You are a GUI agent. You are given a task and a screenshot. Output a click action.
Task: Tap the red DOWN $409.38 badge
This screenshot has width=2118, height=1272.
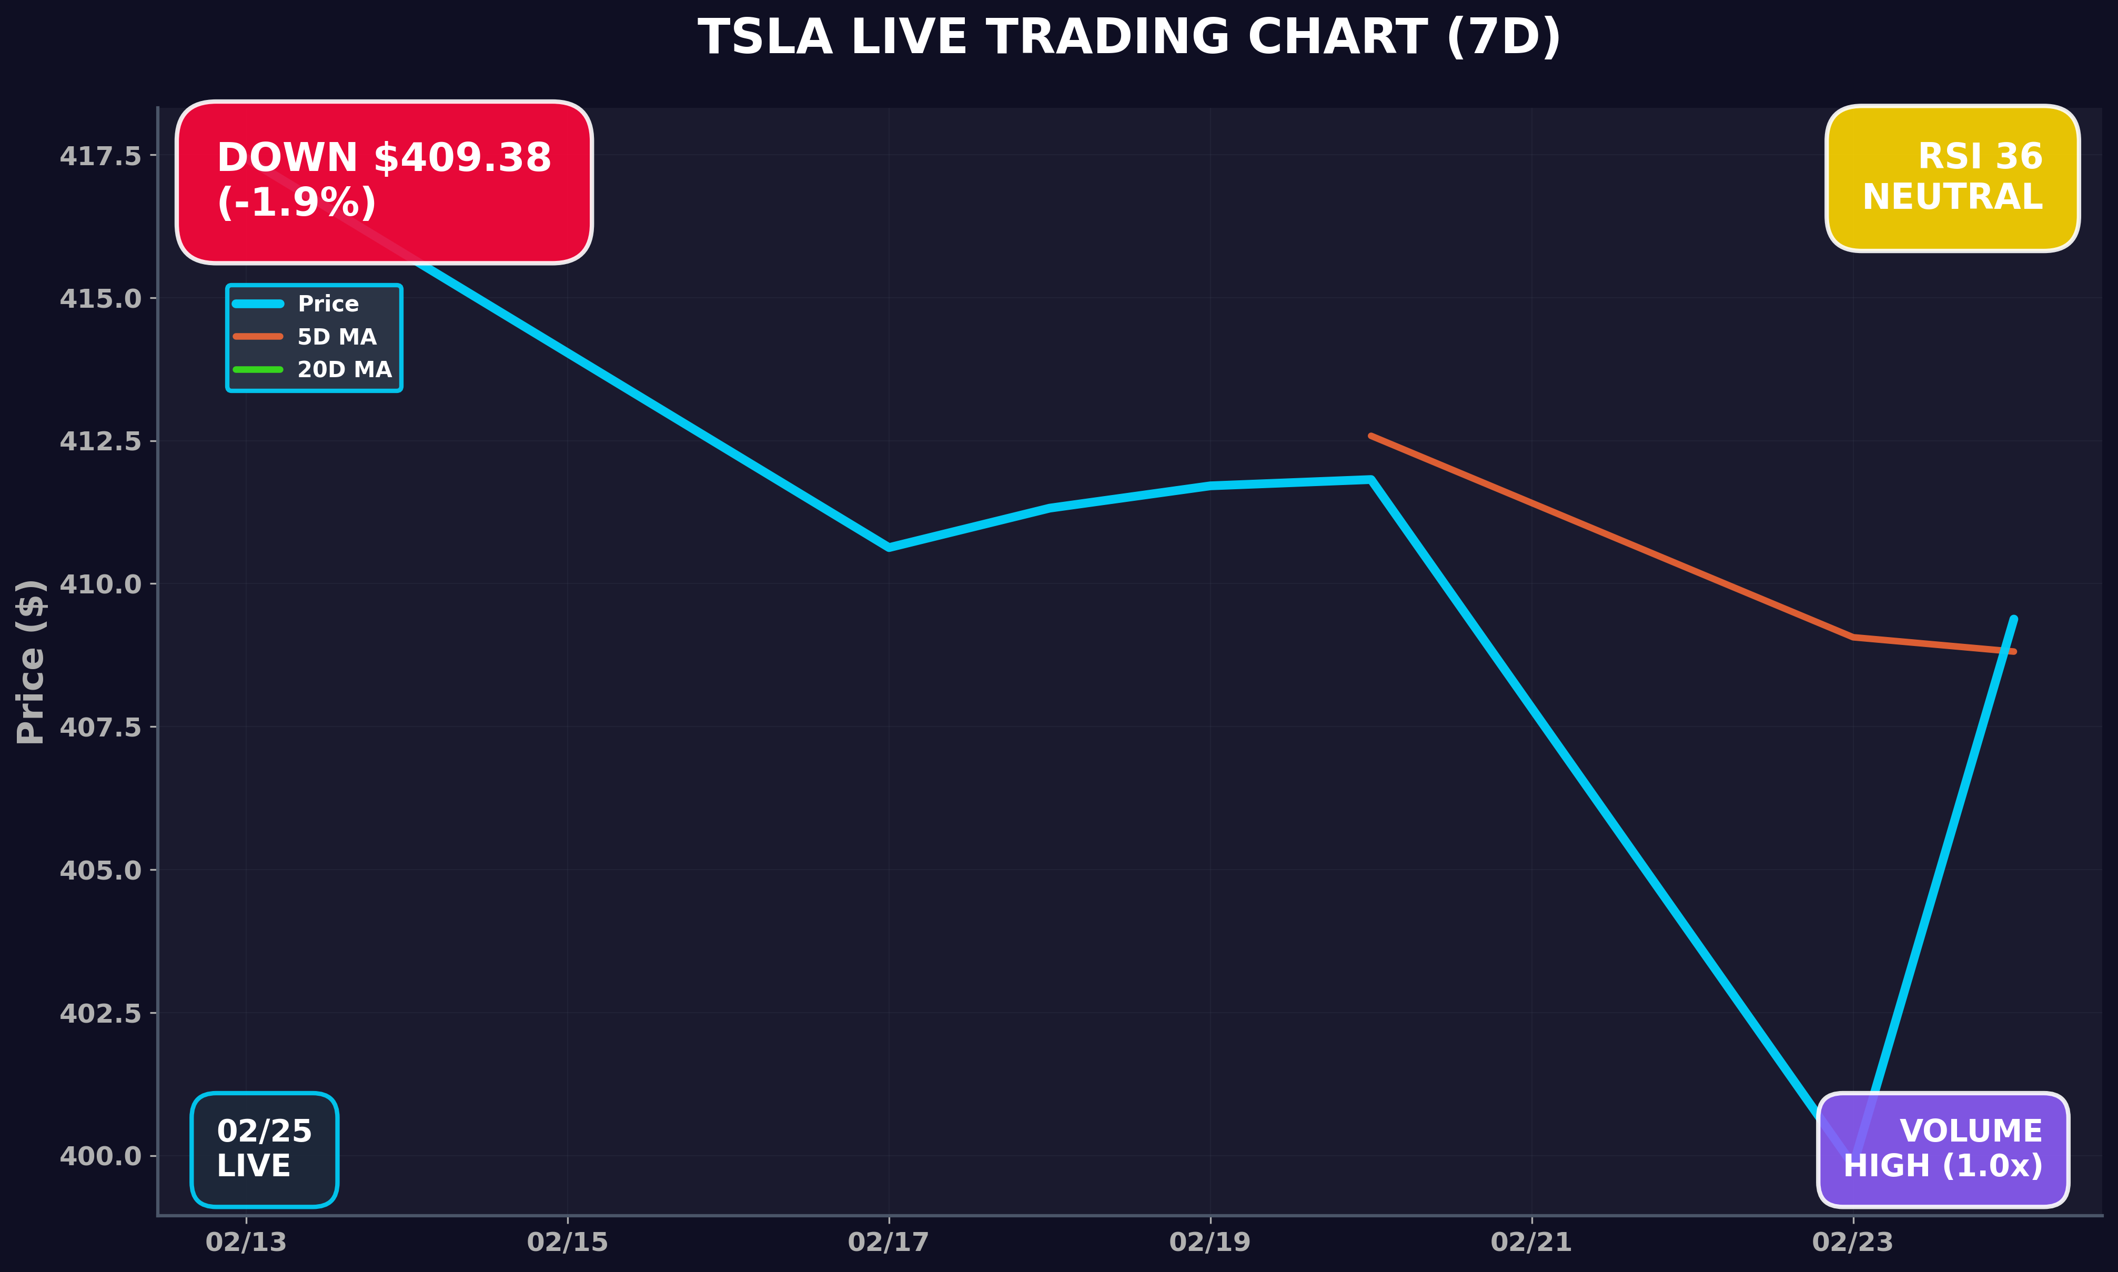pos(384,181)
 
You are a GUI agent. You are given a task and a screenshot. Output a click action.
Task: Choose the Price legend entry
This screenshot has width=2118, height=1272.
pos(327,304)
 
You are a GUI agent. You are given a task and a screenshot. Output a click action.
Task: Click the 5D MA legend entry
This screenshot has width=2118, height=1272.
pos(336,337)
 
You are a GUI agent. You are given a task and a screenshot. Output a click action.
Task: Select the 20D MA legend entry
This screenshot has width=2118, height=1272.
pos(344,369)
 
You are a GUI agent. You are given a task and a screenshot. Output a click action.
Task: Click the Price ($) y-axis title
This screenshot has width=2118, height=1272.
pos(31,662)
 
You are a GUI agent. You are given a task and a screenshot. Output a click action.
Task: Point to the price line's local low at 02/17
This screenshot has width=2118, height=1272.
pos(889,547)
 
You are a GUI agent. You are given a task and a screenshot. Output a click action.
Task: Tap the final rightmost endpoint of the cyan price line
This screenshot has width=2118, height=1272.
pos(2013,619)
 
